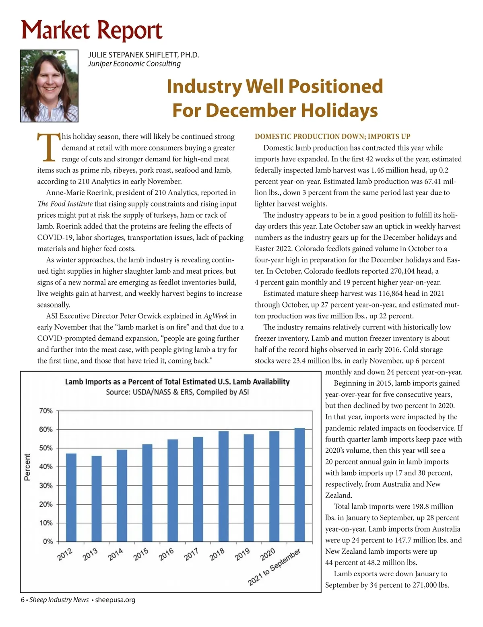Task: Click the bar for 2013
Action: [97, 499]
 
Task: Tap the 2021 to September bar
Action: [300, 485]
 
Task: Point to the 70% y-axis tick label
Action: [46, 411]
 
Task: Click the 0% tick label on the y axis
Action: [48, 542]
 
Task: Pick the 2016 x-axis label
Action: [166, 554]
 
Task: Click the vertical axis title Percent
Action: [27, 467]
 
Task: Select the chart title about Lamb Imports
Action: [177, 382]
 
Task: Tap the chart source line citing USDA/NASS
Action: [177, 392]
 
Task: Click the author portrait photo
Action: [49, 86]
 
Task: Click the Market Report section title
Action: [92, 30]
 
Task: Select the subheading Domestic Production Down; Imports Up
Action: [332, 136]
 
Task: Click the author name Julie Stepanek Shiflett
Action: [143, 55]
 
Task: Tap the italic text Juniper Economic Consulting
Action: [134, 64]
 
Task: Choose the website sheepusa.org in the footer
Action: [115, 600]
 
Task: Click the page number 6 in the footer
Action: [23, 600]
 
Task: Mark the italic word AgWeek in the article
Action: [216, 316]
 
